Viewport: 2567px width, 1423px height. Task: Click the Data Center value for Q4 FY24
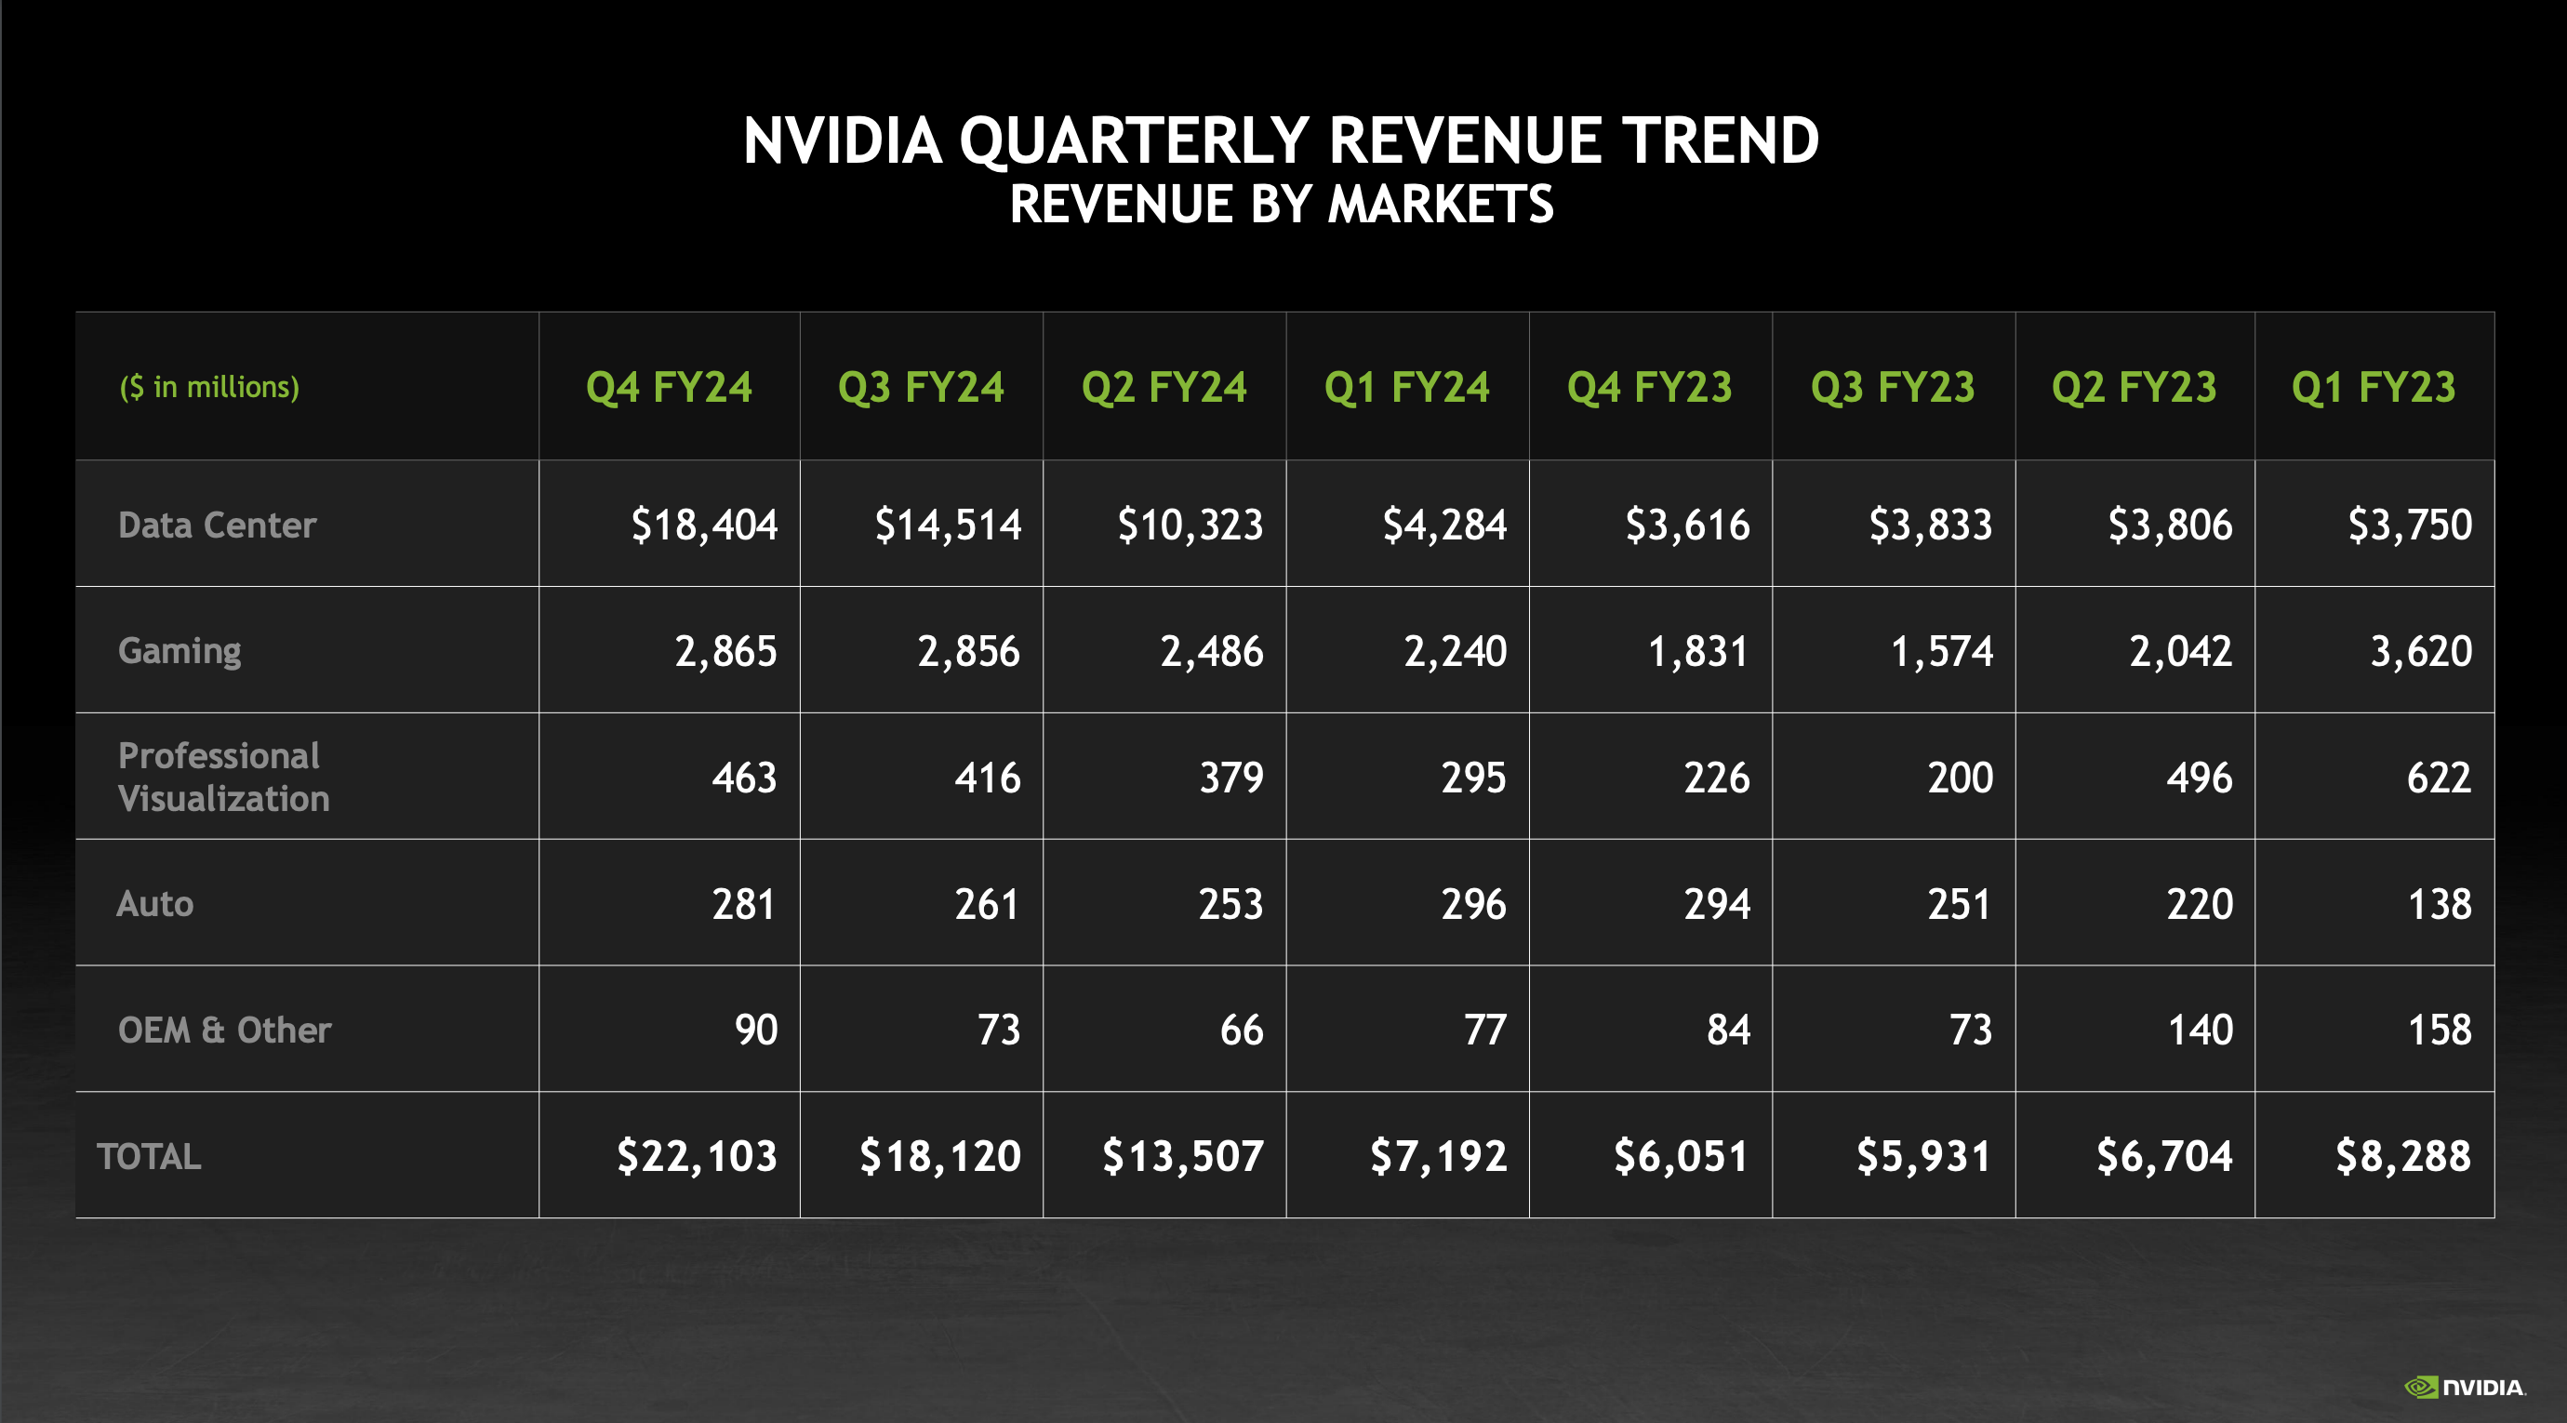click(x=703, y=525)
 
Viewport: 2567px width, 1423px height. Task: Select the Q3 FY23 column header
click(x=1892, y=387)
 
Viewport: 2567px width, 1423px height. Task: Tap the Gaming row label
click(x=180, y=651)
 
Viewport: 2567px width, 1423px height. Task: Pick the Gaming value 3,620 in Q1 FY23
click(x=2419, y=651)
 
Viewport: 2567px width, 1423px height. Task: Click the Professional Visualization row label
click(x=222, y=777)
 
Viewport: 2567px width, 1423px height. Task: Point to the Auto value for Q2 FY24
click(x=1230, y=904)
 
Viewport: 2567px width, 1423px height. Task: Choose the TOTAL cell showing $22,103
click(x=696, y=1156)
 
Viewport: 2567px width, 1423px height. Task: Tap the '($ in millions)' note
click(x=209, y=387)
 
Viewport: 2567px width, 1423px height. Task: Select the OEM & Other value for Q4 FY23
click(x=1727, y=1030)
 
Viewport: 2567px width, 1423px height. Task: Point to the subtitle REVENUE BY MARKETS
click(x=1282, y=205)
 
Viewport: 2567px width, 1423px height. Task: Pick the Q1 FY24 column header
click(x=1406, y=387)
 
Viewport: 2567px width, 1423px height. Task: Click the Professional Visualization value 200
click(x=1959, y=778)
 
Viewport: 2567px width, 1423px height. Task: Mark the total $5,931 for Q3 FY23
click(x=1922, y=1156)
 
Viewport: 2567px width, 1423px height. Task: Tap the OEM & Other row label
click(x=223, y=1030)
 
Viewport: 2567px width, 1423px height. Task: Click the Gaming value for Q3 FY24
click(x=967, y=651)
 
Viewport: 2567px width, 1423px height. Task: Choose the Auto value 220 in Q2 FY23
click(x=2199, y=904)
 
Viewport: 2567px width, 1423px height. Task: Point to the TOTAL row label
click(x=149, y=1156)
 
